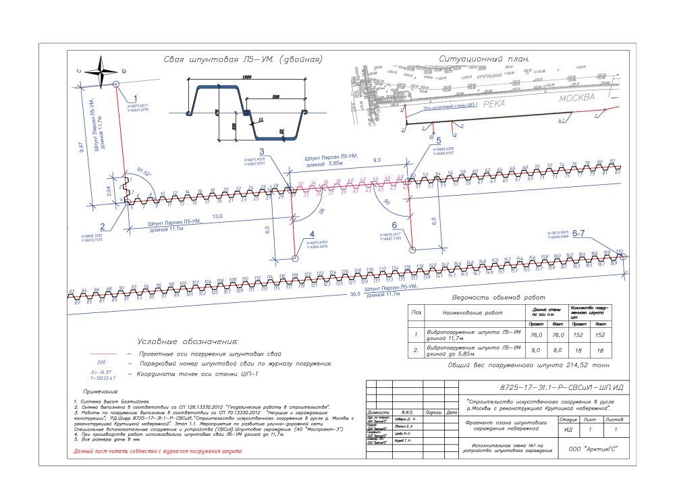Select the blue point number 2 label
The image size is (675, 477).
click(x=102, y=227)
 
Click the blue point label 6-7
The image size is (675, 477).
click(x=580, y=233)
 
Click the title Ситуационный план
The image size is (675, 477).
click(x=482, y=59)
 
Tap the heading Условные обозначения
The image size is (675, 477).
click(x=188, y=341)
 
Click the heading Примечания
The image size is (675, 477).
click(x=101, y=391)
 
